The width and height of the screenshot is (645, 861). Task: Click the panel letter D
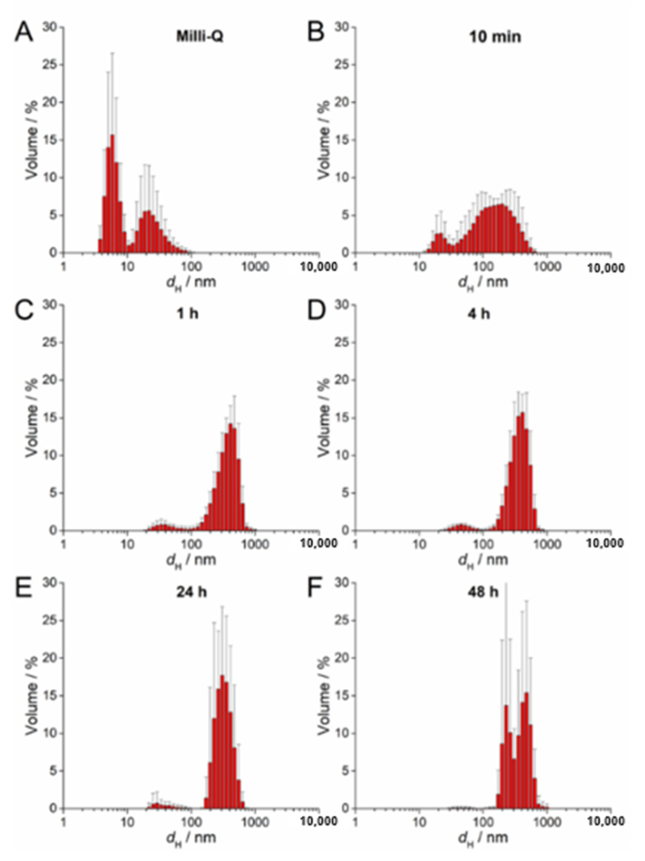click(316, 311)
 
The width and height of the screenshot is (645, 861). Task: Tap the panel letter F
click(316, 588)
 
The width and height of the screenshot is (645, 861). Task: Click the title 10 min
click(495, 36)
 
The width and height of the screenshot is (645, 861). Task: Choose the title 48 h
click(483, 592)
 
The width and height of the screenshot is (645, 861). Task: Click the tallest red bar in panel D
click(523, 471)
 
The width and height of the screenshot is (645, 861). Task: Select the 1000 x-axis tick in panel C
click(255, 544)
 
